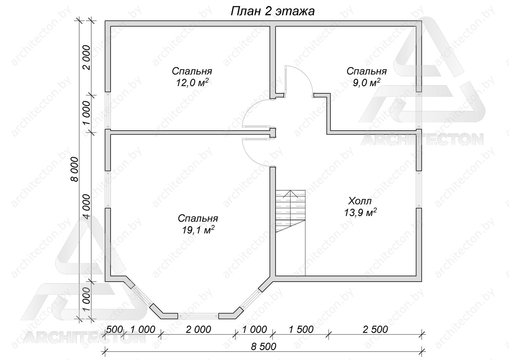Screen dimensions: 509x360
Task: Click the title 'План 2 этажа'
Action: (272, 11)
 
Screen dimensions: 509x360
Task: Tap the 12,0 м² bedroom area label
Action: (192, 83)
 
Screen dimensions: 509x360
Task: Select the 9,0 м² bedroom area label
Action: (366, 83)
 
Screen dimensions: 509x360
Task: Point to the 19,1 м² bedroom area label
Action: (198, 230)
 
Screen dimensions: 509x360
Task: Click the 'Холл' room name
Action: (360, 201)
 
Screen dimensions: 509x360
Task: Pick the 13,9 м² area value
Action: (360, 213)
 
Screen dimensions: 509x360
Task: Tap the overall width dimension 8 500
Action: (263, 347)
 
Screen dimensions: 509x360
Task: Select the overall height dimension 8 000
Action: (75, 169)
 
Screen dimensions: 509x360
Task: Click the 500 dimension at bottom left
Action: (115, 329)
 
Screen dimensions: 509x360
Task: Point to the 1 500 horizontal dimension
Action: (301, 329)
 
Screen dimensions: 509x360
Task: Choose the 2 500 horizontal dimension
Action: (375, 329)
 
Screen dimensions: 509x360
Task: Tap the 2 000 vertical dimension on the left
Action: (87, 58)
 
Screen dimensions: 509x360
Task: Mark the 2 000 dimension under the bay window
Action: (199, 329)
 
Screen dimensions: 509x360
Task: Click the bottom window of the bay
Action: (198, 316)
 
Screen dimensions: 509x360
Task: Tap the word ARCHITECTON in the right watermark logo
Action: (422, 139)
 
